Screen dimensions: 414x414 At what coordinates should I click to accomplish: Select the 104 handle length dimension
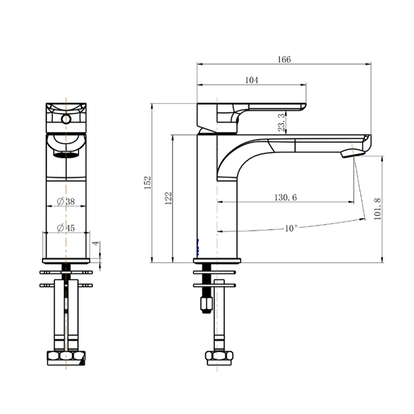coord(251,80)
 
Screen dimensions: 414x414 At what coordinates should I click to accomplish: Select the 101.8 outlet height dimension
coord(377,209)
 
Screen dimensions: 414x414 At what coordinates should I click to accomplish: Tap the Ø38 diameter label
coord(66,201)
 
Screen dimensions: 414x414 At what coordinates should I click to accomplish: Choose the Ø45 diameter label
coord(66,228)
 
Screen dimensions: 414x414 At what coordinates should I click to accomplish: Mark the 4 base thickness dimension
coord(94,244)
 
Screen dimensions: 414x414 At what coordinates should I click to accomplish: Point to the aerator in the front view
coord(66,154)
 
